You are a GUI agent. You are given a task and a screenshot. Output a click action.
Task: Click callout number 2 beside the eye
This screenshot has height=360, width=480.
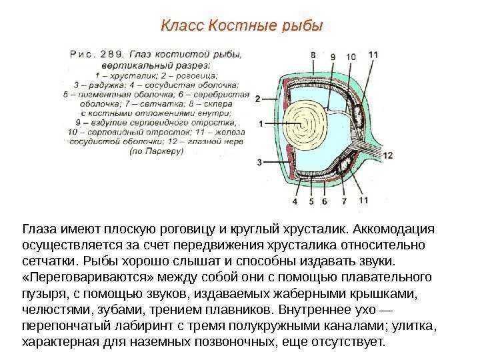pyautogui.click(x=257, y=99)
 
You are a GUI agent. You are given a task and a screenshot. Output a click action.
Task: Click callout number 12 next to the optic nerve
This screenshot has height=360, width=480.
pyautogui.click(x=388, y=155)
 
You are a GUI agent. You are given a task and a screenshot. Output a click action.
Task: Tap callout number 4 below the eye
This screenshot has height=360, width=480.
pyautogui.click(x=295, y=200)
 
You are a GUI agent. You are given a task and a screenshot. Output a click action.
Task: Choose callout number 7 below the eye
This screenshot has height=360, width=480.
pyautogui.click(x=344, y=200)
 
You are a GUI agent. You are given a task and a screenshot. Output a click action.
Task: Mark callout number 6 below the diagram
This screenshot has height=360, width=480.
pyautogui.click(x=324, y=200)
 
